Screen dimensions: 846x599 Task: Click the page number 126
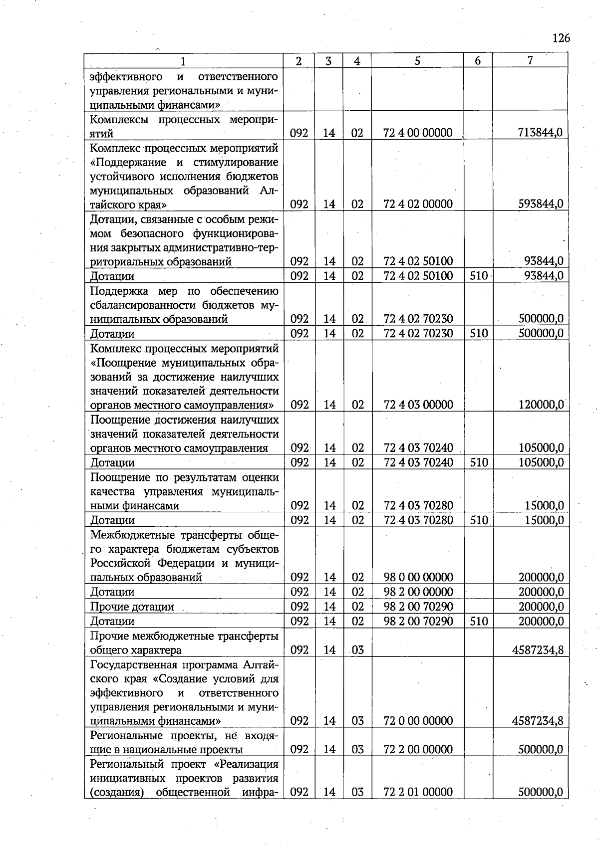tap(561, 38)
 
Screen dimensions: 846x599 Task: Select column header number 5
tap(417, 61)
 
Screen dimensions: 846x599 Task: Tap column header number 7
tap(530, 60)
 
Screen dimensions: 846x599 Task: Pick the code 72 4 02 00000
tap(418, 204)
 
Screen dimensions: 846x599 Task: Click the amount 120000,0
tap(541, 405)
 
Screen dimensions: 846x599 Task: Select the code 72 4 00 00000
tap(418, 133)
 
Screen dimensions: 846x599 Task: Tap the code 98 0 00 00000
tap(418, 578)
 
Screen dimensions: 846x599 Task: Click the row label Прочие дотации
tap(132, 607)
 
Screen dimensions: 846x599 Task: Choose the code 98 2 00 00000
tap(418, 592)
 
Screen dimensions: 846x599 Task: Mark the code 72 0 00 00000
tap(418, 721)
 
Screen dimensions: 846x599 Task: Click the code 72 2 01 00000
tap(418, 792)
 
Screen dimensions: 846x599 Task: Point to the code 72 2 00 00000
tap(418, 749)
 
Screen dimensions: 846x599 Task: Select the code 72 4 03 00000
tap(418, 405)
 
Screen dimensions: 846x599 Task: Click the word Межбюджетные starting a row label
tap(128, 535)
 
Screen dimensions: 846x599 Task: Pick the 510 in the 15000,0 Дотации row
tap(479, 520)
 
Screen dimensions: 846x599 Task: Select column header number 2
tap(299, 61)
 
